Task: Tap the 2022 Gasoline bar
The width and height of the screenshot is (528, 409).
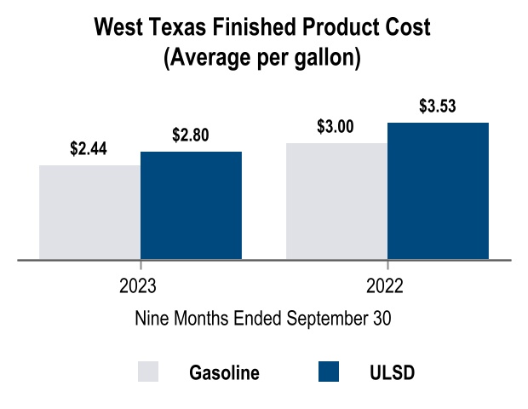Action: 336,200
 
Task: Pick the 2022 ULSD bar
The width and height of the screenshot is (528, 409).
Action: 438,190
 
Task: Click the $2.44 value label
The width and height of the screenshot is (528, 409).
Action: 89,149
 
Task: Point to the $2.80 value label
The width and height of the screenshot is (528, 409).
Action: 190,135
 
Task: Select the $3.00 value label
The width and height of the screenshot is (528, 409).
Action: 335,127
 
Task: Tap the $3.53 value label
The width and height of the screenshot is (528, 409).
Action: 438,107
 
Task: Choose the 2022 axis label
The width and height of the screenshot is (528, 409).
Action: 387,285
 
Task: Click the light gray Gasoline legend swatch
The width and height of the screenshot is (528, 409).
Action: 148,372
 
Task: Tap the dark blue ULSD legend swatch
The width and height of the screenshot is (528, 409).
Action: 327,372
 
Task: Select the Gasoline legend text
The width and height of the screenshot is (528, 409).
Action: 224,373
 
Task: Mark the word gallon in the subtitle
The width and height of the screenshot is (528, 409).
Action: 324,59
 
